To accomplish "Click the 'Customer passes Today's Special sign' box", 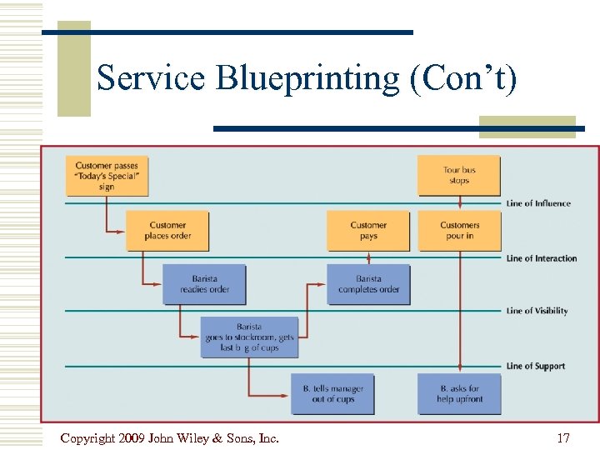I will (x=107, y=176).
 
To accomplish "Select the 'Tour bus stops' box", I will (x=458, y=176).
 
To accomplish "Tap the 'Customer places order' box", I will (x=167, y=230).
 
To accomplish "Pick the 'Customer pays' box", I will (x=368, y=230).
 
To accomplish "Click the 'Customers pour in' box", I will (x=459, y=230).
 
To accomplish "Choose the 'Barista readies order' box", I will (x=204, y=284).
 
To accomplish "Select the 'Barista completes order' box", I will (x=368, y=284).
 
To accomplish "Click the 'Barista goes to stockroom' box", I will (x=249, y=337).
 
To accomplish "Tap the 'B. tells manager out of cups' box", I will (x=332, y=393).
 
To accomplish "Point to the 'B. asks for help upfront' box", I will (x=459, y=393).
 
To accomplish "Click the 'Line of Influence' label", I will (x=538, y=203).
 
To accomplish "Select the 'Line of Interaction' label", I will (x=542, y=258).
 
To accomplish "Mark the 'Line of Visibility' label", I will (x=537, y=311).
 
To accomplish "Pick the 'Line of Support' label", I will (x=535, y=366).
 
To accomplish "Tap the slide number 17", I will (x=563, y=437).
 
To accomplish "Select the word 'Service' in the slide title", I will (x=151, y=78).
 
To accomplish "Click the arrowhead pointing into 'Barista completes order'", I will (x=323, y=284).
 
